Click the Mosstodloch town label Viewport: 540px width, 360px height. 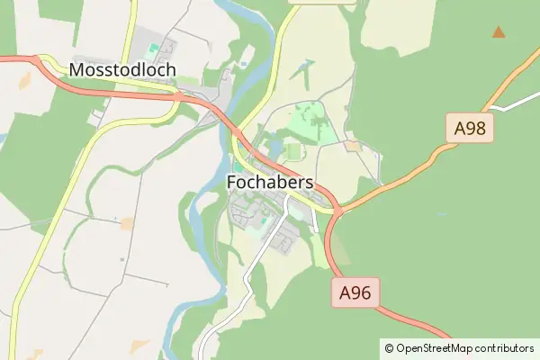(x=122, y=69)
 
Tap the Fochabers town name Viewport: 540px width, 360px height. (x=269, y=183)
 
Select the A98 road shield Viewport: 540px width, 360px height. (x=470, y=129)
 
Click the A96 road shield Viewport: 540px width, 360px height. (x=355, y=292)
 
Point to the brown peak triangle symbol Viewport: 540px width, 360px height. (x=498, y=32)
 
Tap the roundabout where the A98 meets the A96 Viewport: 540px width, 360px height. (x=337, y=211)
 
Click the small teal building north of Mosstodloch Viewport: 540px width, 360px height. (x=153, y=47)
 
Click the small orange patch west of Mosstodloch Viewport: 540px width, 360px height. (x=24, y=79)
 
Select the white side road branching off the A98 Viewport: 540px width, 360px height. (x=508, y=105)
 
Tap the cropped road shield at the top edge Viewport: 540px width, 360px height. (x=320, y=2)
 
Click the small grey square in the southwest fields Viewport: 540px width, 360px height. (x=122, y=260)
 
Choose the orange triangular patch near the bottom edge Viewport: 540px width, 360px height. (x=139, y=345)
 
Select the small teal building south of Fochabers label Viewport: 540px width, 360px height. (x=255, y=220)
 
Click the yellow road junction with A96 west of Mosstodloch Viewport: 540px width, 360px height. (x=41, y=61)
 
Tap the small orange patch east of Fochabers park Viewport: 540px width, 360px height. (x=352, y=146)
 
